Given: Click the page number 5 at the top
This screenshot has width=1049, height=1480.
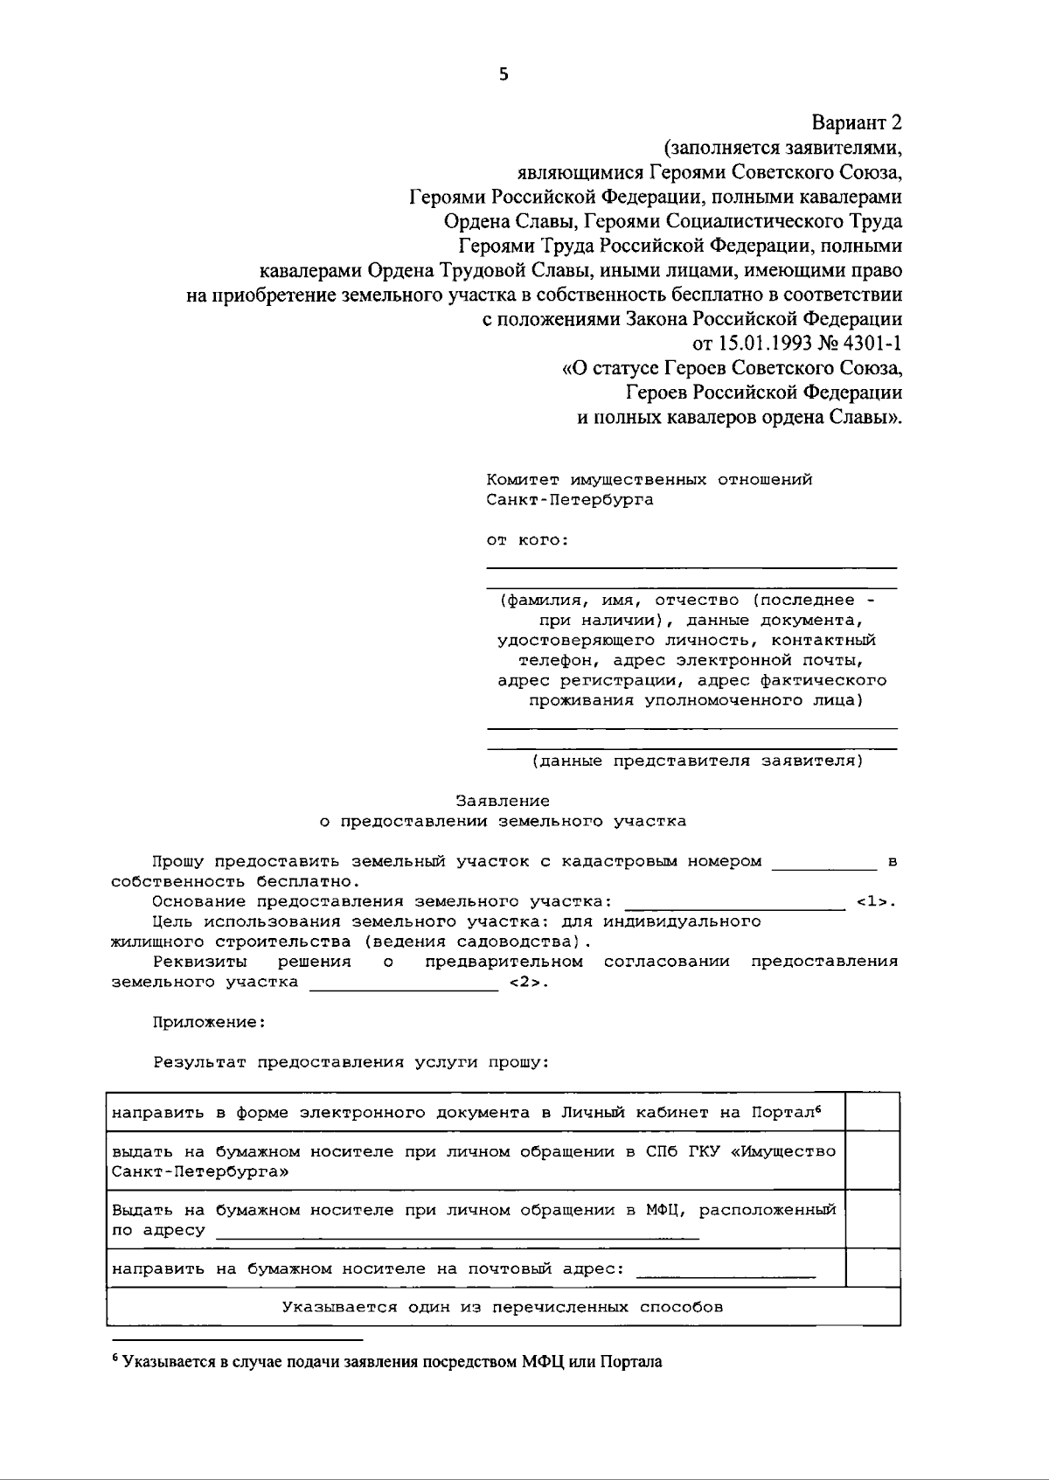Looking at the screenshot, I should tap(503, 74).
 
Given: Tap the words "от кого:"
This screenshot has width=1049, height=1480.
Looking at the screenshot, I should tap(527, 540).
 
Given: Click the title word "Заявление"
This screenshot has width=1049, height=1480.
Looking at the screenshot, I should tap(503, 801).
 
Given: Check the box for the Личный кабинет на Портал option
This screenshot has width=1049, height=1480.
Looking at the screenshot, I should tap(872, 1112).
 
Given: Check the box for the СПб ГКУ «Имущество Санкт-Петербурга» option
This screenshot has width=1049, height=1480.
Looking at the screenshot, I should tap(872, 1161).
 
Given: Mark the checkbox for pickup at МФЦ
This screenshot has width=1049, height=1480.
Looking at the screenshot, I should tap(872, 1219).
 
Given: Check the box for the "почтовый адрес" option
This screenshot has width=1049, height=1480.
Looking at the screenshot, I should tap(872, 1268).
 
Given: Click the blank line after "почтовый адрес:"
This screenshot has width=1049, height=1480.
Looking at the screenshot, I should tap(726, 1273).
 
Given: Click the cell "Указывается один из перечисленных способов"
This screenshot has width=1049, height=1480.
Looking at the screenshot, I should tap(503, 1308).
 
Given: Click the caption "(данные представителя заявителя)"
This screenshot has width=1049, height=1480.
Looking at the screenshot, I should tap(697, 761).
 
